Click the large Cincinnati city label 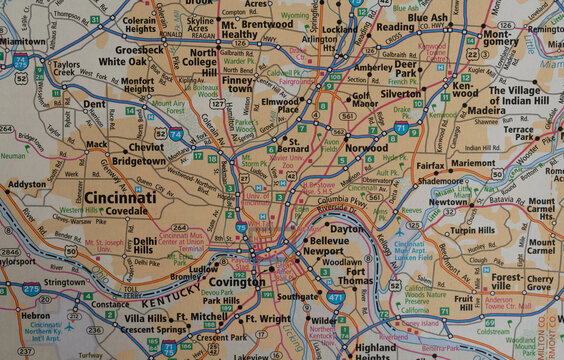click(119, 198)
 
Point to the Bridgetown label click(139, 160)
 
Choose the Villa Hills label click(145, 317)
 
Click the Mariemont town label click(472, 162)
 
